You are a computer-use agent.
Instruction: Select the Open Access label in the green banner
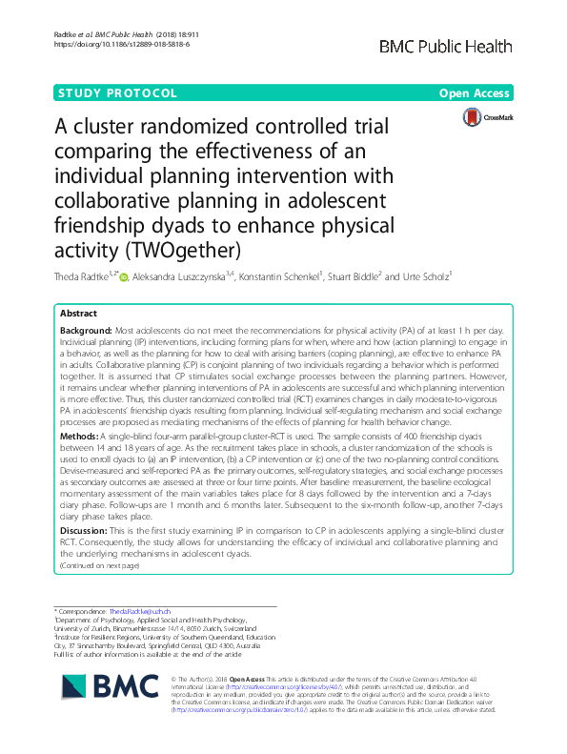(476, 93)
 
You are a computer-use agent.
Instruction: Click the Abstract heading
(79, 313)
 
